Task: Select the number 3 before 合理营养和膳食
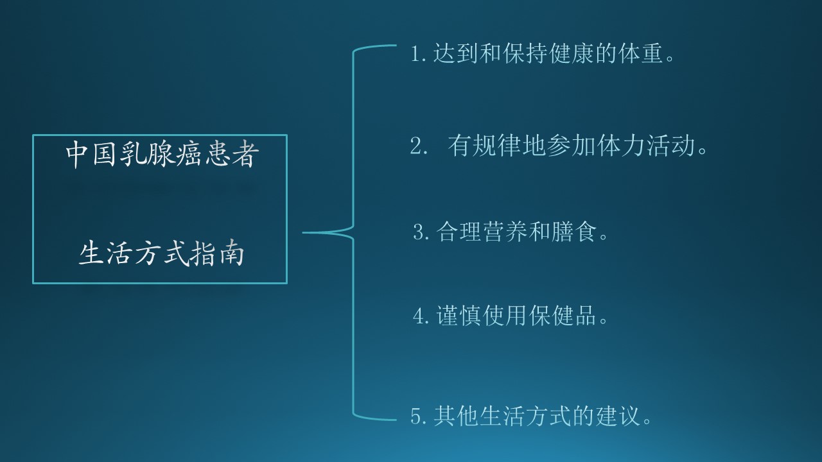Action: coord(419,232)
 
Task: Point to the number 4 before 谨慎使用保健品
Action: coord(421,316)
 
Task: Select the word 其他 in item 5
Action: coord(457,417)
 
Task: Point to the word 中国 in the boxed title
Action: coord(86,155)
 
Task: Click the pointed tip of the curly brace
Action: coord(304,232)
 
